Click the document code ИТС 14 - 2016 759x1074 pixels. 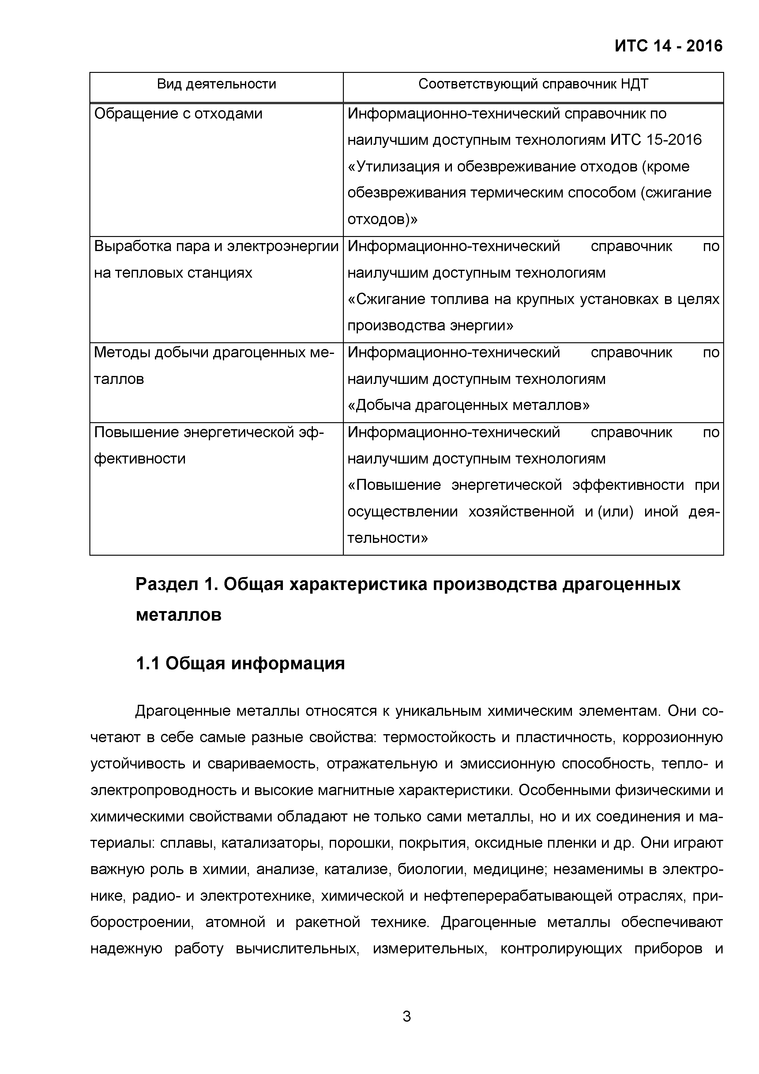click(x=668, y=46)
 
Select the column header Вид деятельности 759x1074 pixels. click(x=216, y=84)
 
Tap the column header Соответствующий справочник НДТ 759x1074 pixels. click(x=533, y=84)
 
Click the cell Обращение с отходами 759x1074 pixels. click(x=178, y=114)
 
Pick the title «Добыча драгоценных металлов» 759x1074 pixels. click(x=468, y=405)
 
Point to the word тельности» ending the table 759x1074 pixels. click(x=388, y=538)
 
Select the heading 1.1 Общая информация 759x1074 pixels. click(x=240, y=663)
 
